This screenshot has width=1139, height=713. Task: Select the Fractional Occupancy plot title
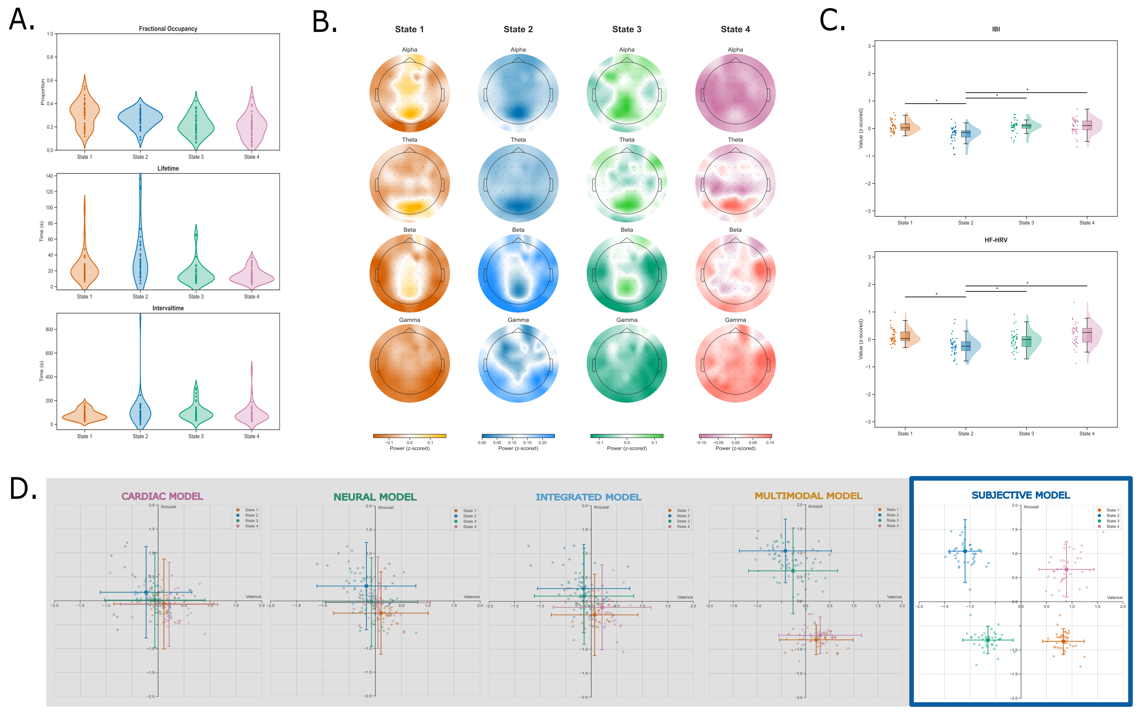click(x=168, y=29)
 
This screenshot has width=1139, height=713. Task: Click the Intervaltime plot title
click(x=168, y=308)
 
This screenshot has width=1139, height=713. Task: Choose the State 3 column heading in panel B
click(x=626, y=29)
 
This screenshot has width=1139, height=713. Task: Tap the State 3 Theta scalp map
click(x=626, y=183)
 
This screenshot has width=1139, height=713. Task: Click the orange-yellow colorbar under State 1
click(x=409, y=436)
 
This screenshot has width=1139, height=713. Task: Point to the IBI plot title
click(x=995, y=29)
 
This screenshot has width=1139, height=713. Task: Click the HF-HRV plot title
click(x=995, y=240)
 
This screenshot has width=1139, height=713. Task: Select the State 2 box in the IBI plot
click(x=965, y=133)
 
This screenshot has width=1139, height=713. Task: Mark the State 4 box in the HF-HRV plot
click(x=1087, y=335)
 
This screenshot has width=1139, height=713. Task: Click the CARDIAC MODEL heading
click(x=162, y=496)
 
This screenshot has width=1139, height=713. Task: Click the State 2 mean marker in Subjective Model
click(x=965, y=551)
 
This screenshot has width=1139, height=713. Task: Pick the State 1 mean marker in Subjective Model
click(x=1063, y=641)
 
